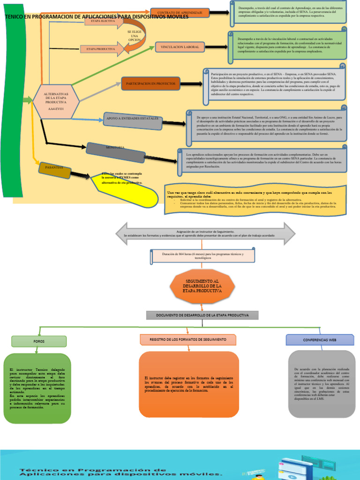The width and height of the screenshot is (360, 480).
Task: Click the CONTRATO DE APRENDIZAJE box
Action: click(x=180, y=12)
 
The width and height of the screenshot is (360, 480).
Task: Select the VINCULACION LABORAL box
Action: click(x=180, y=47)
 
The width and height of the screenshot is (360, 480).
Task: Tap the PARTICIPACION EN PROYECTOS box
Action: click(x=150, y=83)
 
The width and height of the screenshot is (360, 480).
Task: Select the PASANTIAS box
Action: click(x=55, y=168)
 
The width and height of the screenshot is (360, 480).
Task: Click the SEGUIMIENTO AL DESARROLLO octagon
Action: click(x=196, y=285)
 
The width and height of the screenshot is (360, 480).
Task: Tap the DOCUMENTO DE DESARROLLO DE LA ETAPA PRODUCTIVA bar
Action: click(x=202, y=315)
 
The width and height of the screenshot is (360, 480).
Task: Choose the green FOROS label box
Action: click(x=39, y=342)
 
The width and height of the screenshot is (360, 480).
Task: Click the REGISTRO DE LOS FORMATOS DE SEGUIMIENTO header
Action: click(x=187, y=339)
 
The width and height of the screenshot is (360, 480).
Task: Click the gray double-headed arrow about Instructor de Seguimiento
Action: click(x=205, y=233)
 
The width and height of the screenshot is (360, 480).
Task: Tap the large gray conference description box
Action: click(x=322, y=383)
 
